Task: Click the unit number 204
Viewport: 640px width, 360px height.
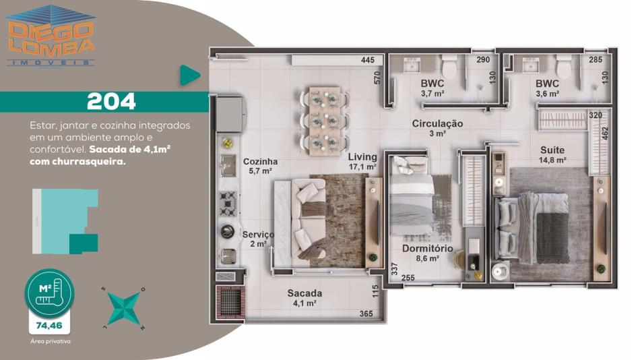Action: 111,102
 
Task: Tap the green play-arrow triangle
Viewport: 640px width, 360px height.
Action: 189,76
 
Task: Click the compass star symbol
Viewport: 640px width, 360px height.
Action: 124,308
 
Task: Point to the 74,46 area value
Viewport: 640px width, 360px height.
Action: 49,325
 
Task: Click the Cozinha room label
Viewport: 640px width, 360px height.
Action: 261,161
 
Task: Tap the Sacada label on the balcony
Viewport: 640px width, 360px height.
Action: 305,293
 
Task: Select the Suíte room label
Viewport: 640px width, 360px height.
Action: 552,150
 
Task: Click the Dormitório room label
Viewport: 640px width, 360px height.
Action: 427,249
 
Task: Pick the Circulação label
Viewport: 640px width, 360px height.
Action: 437,123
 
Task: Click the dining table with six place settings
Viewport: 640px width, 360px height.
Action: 325,121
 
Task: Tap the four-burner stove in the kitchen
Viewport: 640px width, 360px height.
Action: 228,203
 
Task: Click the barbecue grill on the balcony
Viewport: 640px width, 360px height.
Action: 230,301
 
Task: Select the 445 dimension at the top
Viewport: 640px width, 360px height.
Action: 368,60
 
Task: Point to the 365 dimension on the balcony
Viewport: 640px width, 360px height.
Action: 366,313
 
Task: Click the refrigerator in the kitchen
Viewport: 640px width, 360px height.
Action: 230,114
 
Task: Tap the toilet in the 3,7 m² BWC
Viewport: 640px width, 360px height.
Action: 451,67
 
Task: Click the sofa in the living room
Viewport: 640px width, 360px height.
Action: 302,224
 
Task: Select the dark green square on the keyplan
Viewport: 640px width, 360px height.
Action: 84,243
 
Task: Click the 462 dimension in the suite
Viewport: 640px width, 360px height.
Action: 605,133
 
